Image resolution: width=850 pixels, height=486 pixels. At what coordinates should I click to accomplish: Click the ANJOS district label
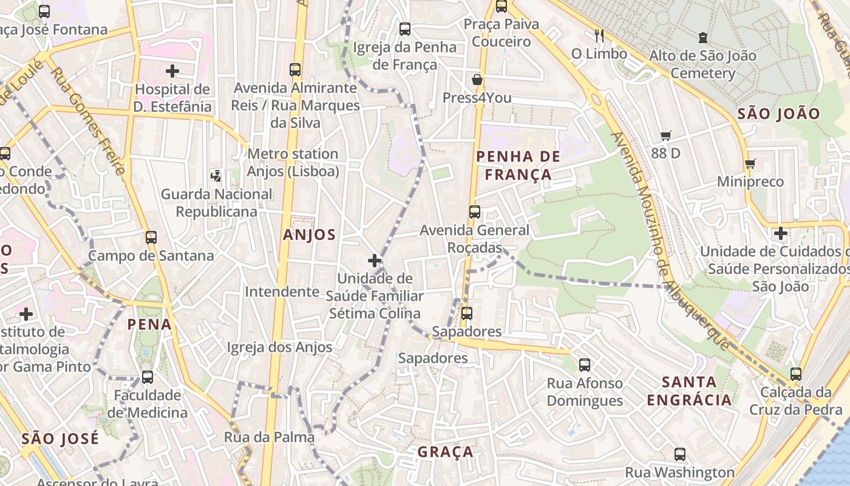309,235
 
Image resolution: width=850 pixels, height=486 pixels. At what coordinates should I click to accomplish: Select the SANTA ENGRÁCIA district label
689,391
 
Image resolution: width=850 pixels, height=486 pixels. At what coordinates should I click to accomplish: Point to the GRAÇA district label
446,452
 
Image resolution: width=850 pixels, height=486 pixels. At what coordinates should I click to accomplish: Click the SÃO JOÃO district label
778,114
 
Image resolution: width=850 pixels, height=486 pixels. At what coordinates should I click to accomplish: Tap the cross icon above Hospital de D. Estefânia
172,71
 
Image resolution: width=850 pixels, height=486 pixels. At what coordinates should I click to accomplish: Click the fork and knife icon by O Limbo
599,36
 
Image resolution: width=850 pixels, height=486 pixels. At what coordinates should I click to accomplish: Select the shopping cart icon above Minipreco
750,163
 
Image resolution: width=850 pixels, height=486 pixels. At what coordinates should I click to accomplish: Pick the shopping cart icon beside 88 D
666,136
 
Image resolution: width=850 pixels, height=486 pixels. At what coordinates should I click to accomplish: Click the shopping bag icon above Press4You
477,80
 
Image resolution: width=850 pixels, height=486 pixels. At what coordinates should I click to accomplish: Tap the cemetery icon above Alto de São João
703,38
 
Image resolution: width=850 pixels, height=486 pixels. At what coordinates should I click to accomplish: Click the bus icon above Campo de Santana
151,237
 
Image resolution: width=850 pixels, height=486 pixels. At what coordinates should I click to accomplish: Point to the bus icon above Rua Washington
680,454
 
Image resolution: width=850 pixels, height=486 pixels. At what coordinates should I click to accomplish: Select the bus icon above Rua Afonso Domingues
585,365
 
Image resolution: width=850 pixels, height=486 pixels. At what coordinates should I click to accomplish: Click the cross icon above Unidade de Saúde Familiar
375,261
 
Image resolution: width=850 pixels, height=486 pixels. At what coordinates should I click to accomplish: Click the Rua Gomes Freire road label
87,121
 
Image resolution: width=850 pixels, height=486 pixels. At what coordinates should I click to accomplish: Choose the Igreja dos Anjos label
279,347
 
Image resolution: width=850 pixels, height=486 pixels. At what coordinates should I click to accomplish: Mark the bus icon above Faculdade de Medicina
148,377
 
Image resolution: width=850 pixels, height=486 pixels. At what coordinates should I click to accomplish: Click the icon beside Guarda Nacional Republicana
216,176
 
